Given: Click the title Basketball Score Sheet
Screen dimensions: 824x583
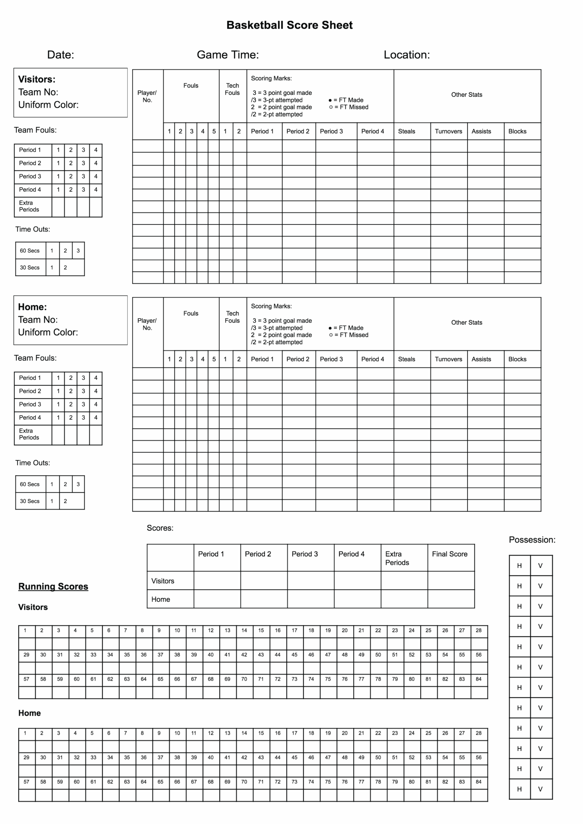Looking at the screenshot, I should (x=289, y=25).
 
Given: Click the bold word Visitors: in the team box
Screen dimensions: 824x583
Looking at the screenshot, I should (x=37, y=79).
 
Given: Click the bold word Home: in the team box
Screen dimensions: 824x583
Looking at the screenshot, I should (x=32, y=307).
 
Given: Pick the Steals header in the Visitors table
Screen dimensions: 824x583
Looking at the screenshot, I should (x=406, y=131).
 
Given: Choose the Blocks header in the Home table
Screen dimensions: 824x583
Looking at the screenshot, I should (x=517, y=359).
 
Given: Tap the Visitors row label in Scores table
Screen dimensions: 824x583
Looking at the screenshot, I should (x=163, y=581).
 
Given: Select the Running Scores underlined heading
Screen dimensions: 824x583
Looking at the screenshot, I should (x=53, y=586).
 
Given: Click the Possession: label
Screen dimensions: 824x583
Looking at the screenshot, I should (x=532, y=539).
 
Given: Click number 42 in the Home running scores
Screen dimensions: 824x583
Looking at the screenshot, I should (x=244, y=757).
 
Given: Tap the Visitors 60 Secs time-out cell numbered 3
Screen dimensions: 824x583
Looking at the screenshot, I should (x=78, y=250).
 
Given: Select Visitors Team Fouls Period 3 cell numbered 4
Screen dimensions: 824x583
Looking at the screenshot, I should (x=96, y=176).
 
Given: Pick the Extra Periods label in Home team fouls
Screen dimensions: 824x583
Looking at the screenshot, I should (x=29, y=434).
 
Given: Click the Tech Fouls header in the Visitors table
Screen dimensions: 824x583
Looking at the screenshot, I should (x=232, y=89).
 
